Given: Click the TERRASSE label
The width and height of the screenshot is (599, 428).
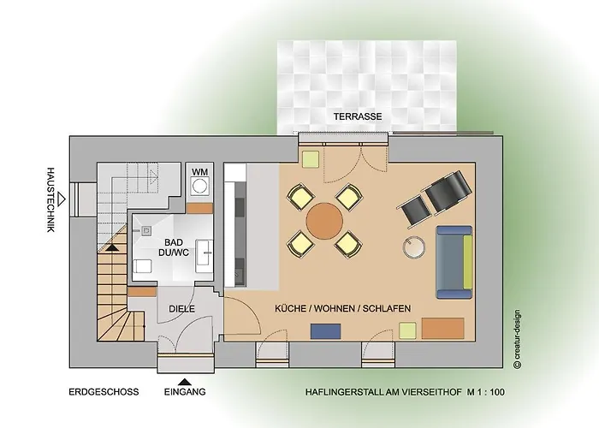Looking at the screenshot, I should click(x=359, y=116).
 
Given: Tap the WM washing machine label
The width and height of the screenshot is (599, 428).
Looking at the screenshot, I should click(x=199, y=172).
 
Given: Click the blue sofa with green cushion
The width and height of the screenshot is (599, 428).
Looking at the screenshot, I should click(x=454, y=262).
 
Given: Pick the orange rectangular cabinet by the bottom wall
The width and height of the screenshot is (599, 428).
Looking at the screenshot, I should click(x=443, y=328).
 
